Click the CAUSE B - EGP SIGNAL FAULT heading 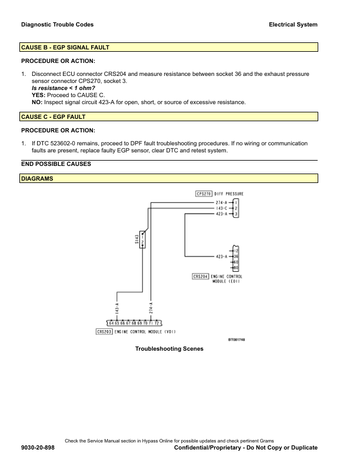65,47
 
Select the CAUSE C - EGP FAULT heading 54,117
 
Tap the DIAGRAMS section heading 37,178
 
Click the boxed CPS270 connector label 204,194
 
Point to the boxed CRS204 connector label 201,277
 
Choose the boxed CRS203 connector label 104,332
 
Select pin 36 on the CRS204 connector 235,257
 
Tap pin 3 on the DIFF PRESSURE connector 235,214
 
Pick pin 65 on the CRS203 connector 116,323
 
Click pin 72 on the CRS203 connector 157,323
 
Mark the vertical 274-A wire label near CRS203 152,307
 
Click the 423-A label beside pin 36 222,257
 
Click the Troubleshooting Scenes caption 169,349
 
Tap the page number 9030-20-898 38,448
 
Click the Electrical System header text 293,25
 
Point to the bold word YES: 39,95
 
